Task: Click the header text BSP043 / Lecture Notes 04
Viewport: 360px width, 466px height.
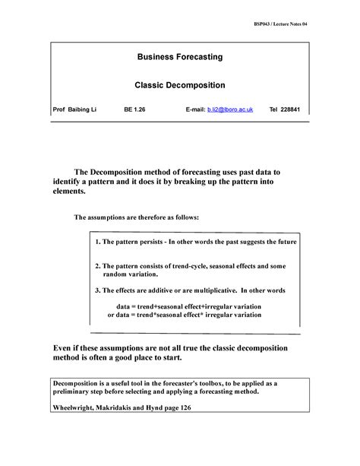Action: click(281, 24)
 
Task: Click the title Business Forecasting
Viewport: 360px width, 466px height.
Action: click(180, 57)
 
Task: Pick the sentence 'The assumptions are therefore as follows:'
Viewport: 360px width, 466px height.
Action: click(137, 217)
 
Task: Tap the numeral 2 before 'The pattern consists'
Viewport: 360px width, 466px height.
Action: click(97, 267)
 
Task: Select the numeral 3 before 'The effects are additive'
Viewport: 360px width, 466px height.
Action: click(97, 290)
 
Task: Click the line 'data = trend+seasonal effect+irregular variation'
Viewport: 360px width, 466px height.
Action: click(197, 304)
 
